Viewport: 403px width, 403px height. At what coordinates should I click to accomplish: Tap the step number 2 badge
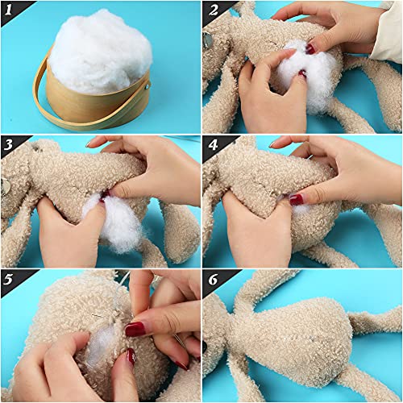tap(212, 10)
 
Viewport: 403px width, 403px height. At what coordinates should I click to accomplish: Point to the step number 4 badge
tap(212, 146)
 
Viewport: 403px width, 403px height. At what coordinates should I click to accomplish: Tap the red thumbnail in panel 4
tap(297, 199)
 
